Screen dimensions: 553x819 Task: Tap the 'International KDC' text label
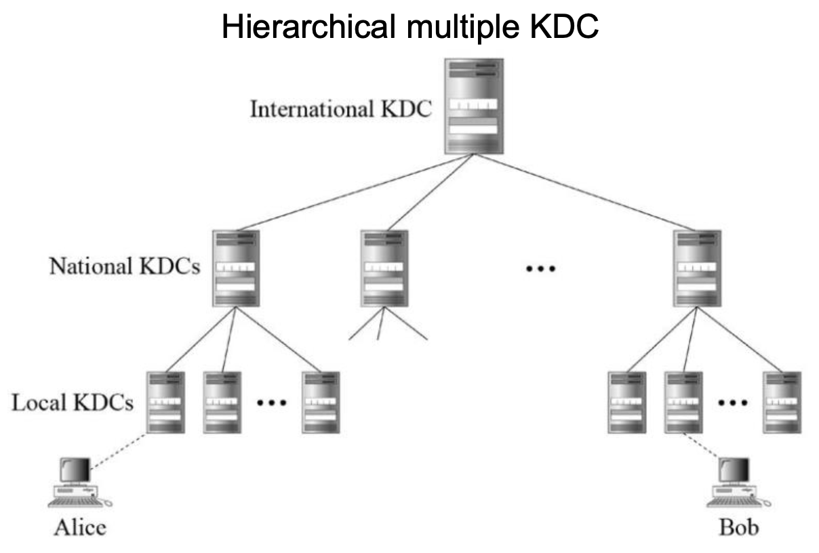341,109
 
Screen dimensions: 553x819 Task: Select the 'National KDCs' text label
125,266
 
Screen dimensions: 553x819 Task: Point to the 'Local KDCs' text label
73,403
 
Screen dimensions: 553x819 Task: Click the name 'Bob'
738,527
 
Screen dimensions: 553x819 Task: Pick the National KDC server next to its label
235,268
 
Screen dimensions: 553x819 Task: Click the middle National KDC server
384,268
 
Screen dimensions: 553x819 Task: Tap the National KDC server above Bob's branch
697,268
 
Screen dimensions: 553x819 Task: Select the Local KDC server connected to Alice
165,403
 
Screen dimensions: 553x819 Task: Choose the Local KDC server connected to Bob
683,403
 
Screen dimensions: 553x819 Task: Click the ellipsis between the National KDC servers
540,269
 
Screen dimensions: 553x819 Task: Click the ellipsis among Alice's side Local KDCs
272,403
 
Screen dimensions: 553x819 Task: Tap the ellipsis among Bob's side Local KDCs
732,403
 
